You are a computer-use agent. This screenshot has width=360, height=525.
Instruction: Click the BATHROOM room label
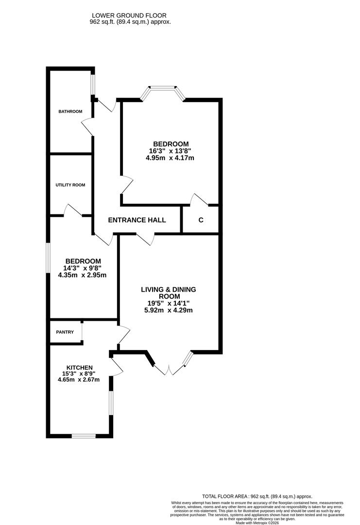(70, 111)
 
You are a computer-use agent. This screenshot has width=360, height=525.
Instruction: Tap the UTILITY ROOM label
(70, 185)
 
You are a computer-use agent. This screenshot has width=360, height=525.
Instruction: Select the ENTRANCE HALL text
(137, 220)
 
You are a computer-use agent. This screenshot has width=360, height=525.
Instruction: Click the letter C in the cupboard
(201, 220)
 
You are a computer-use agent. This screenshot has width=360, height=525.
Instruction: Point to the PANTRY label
(65, 332)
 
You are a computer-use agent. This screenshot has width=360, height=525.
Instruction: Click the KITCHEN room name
(80, 367)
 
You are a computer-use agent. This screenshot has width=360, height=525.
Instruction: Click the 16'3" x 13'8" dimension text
(171, 151)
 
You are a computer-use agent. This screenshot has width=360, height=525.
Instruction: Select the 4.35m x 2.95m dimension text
(82, 275)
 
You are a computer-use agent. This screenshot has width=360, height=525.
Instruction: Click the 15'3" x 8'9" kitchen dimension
(80, 373)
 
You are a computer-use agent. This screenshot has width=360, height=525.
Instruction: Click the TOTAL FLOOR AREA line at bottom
(257, 497)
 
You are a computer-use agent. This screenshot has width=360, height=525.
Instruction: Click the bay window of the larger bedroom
(163, 89)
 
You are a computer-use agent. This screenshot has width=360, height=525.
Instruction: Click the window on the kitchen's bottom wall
(84, 436)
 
